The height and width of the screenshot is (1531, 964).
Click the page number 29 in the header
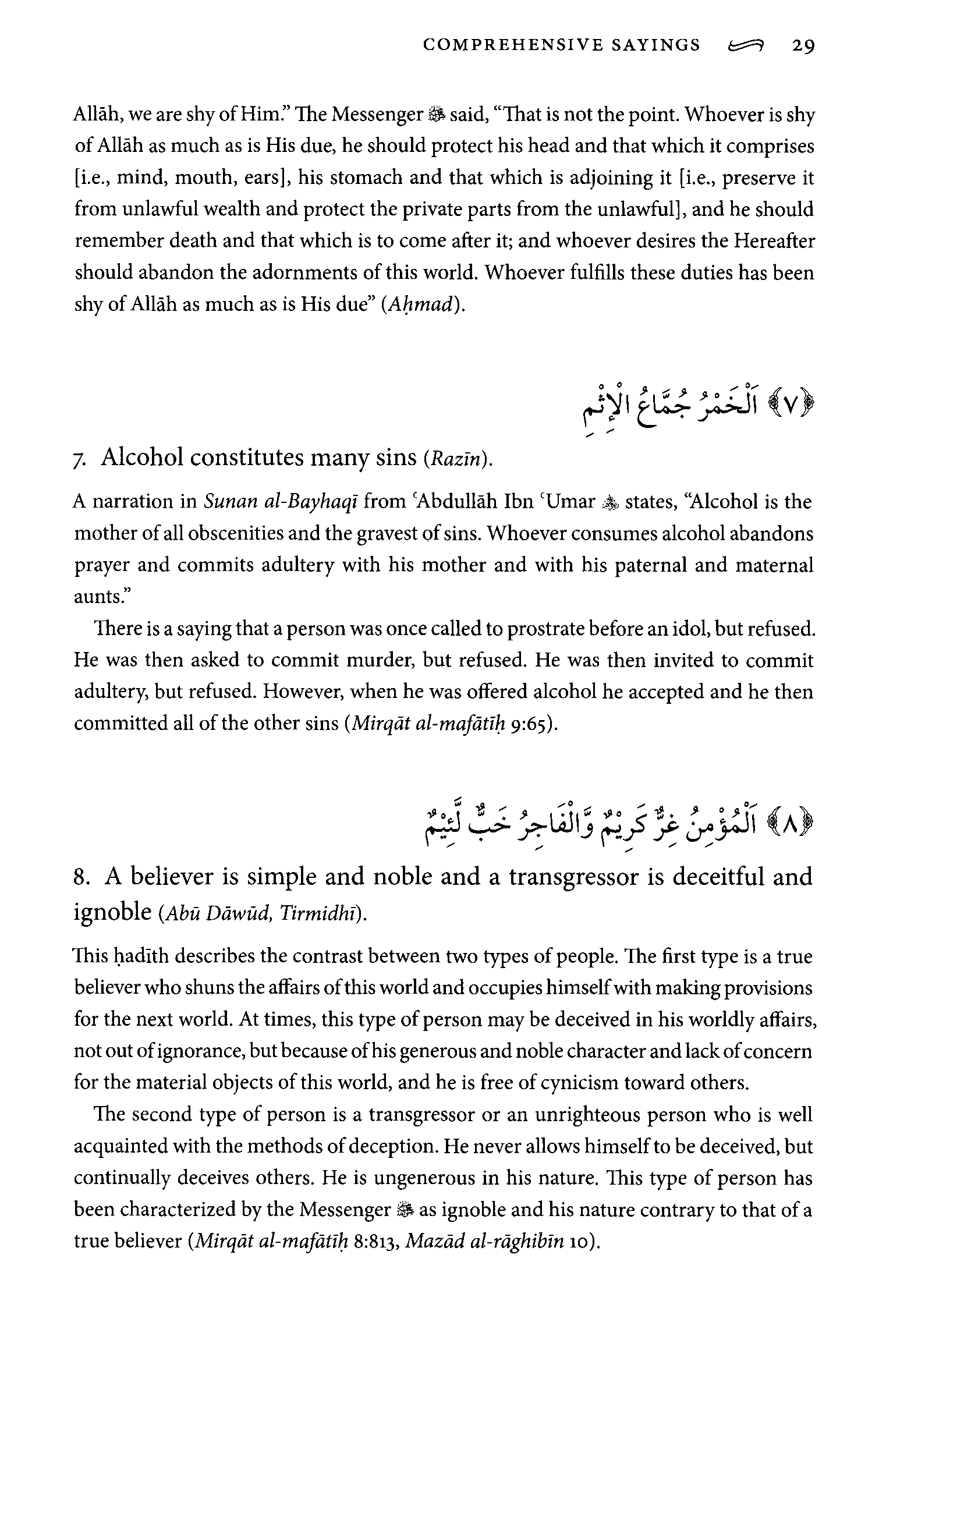pos(803,46)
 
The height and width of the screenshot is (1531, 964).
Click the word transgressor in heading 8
pos(573,877)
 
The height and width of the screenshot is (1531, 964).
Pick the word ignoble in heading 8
pos(112,912)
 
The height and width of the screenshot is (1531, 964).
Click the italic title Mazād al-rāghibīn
pos(484,1241)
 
